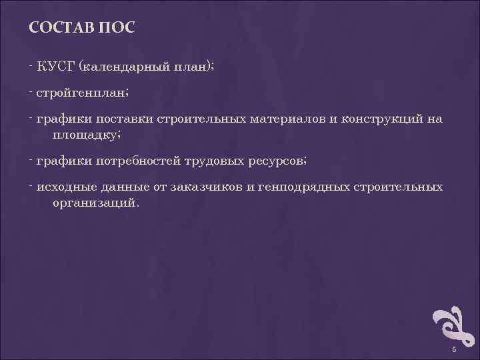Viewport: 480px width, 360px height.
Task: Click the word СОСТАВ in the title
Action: point(61,29)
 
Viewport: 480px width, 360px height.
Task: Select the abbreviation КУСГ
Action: point(56,65)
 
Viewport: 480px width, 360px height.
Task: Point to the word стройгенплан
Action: point(81,93)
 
